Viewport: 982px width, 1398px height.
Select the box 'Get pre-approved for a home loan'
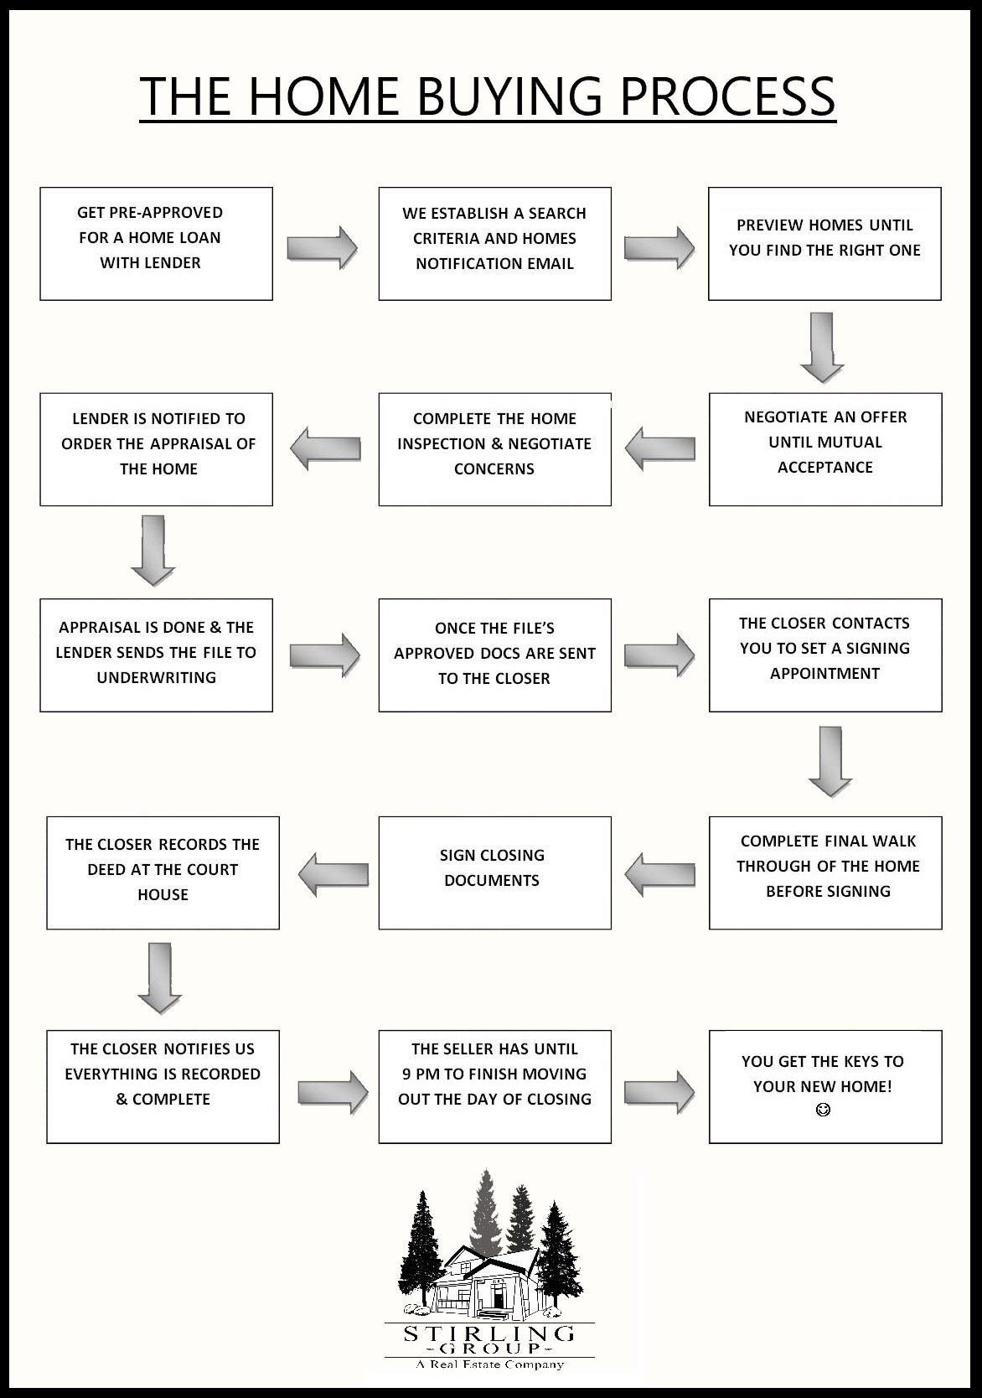click(156, 243)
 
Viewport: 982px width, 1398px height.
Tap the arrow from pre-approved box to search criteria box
click(322, 248)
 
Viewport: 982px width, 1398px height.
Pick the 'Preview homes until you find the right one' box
click(824, 243)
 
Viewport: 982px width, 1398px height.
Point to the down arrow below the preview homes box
click(822, 348)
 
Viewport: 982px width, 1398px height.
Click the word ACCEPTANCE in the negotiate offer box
click(824, 468)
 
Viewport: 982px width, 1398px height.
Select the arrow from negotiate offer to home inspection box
click(660, 448)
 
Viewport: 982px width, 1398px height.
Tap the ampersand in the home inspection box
click(497, 443)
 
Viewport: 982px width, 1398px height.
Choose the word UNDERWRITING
click(156, 677)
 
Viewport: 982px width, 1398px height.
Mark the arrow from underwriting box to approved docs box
click(325, 655)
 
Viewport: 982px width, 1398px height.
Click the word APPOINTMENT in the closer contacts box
click(824, 673)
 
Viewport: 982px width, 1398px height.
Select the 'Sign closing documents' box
click(494, 872)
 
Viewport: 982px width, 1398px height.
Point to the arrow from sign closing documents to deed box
click(333, 874)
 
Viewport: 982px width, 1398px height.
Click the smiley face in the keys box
click(823, 1110)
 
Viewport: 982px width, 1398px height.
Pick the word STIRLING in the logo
click(489, 1333)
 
